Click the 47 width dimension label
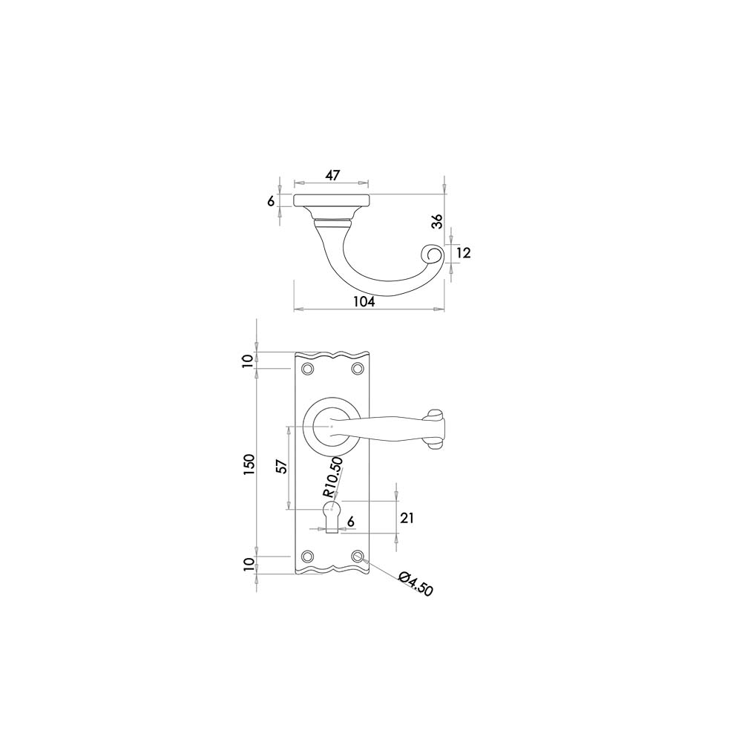pos(332,175)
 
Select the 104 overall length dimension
pos(364,301)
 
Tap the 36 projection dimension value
pos(439,221)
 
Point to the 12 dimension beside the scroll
pos(464,253)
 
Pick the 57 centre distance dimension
pos(282,467)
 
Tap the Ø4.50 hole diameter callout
pos(416,584)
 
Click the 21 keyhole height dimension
pos(407,518)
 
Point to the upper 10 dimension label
pos(248,361)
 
